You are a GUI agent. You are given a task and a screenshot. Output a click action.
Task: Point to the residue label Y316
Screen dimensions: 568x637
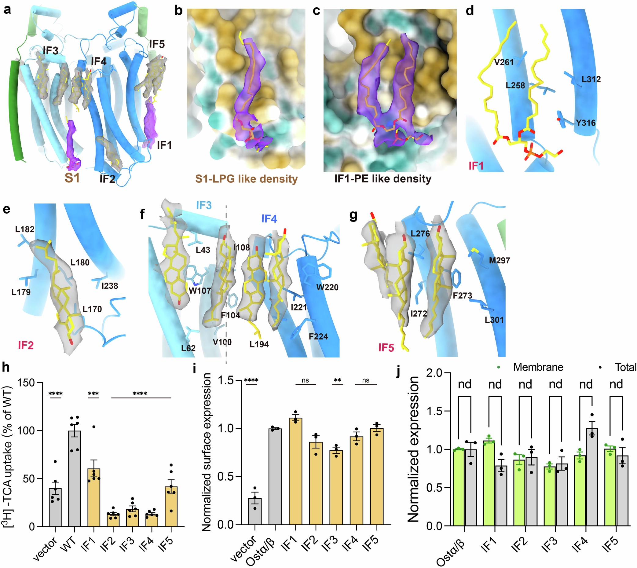[x=585, y=123]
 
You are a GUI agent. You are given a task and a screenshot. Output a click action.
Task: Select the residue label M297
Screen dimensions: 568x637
[x=499, y=260]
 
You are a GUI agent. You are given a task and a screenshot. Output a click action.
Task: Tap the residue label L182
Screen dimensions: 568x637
[x=25, y=229]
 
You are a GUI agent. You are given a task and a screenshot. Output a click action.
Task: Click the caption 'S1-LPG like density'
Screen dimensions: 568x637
[x=246, y=179]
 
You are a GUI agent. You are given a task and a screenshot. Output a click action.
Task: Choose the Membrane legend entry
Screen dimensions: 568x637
[x=538, y=367]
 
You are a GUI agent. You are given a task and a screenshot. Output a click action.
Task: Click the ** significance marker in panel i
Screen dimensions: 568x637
[x=337, y=380]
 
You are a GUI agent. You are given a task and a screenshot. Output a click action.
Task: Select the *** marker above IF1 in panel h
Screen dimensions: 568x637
[x=93, y=394]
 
